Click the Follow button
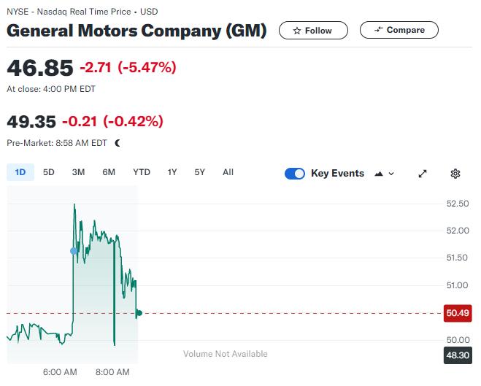coord(312,30)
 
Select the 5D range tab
coord(49,172)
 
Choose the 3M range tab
coord(78,172)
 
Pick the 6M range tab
coord(109,172)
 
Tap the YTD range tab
coord(142,172)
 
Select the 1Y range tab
coord(172,172)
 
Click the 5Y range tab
coord(200,172)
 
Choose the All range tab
coord(228,172)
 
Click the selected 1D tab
coord(20,172)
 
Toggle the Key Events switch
coord(295,174)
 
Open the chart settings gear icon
coord(455,174)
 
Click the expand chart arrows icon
coord(423,174)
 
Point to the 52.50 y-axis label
coord(458,204)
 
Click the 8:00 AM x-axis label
coord(112,372)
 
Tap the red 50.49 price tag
coord(457,313)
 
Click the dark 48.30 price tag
coord(457,355)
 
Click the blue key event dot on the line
coord(74,251)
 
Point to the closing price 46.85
coord(40,68)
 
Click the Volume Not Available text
coord(226,354)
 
